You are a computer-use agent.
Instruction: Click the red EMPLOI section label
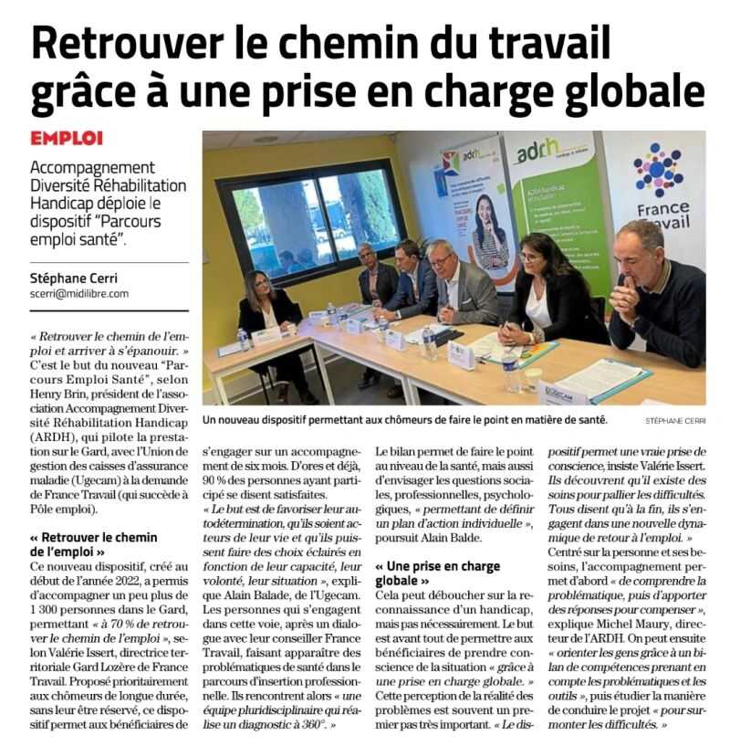(67, 138)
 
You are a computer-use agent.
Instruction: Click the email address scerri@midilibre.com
(78, 293)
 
